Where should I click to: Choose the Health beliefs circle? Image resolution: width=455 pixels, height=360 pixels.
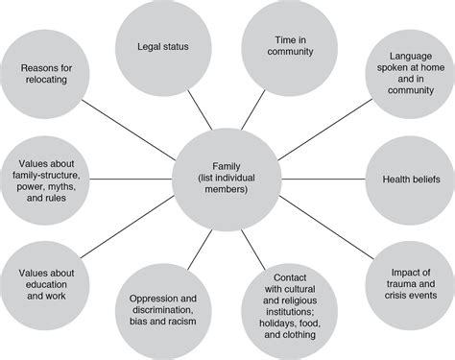tap(397, 180)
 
